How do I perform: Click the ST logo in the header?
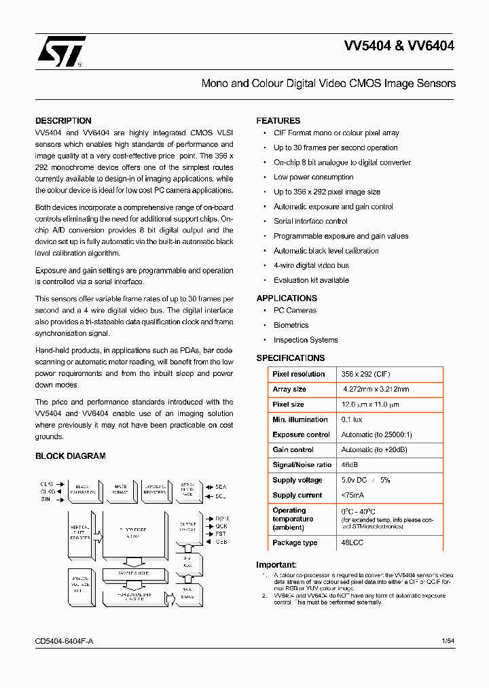61,52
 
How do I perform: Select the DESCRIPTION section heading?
63,121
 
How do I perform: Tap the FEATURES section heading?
278,121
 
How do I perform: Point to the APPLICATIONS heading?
287,298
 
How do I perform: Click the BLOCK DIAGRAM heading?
71,456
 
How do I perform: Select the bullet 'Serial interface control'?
310,222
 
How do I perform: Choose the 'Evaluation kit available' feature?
311,280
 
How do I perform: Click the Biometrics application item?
291,326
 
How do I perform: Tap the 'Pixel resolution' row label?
298,375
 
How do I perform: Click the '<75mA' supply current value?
353,496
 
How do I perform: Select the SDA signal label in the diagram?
221,487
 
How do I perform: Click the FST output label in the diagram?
221,534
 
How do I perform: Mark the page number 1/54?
448,642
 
